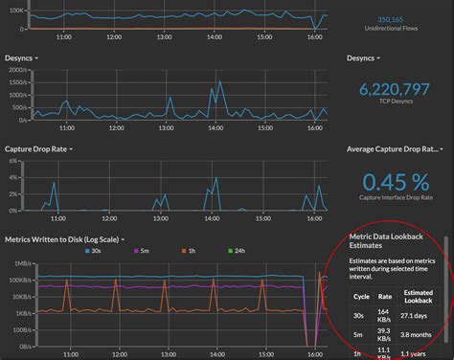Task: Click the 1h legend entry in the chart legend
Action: pyautogui.click(x=189, y=251)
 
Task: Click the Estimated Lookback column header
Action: pyautogui.click(x=418, y=297)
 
